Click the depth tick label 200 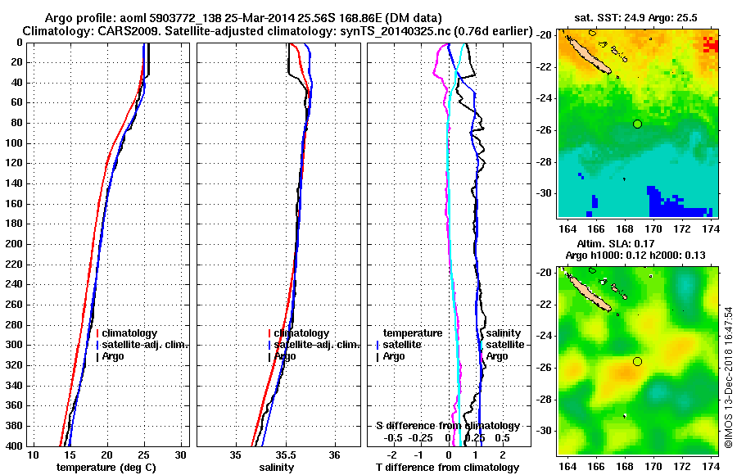pos(14,244)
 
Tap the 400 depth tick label pos(14,446)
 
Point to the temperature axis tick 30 pos(181,455)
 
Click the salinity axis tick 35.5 pos(286,455)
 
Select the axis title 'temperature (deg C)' pos(106,468)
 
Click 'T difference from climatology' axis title pos(447,468)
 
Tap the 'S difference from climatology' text pos(447,426)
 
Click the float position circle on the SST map pos(637,124)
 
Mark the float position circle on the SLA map pos(637,361)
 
